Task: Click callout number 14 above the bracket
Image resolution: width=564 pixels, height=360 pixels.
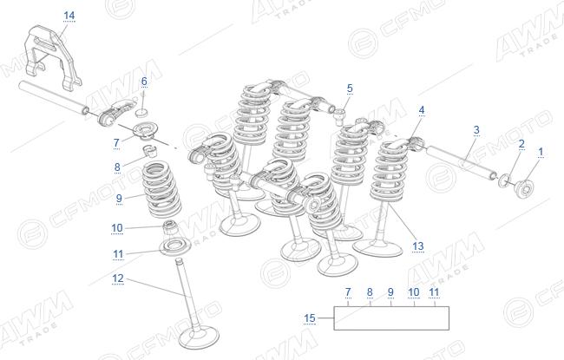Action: coord(69,16)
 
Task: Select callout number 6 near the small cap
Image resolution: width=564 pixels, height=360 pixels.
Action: coord(144,82)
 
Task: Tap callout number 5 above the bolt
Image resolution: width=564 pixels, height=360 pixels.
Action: coord(350,88)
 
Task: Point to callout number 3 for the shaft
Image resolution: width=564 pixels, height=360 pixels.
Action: coord(476,130)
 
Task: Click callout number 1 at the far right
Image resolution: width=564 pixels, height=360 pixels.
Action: coord(541,152)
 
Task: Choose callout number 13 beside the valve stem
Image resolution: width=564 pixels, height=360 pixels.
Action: coord(418,246)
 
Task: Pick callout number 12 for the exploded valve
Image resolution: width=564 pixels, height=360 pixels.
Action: coord(118,278)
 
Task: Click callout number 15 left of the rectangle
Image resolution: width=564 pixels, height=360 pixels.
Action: coord(310,318)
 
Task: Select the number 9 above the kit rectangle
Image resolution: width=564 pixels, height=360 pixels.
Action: coord(391,292)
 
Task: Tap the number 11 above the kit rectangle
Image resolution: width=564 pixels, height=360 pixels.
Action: coord(434,292)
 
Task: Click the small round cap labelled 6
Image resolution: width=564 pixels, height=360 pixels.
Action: coord(141,113)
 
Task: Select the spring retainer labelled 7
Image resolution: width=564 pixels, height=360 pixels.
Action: coord(145,130)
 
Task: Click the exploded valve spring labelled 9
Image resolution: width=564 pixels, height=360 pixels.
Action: coord(161,190)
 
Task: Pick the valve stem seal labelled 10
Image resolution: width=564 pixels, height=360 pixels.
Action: coord(170,227)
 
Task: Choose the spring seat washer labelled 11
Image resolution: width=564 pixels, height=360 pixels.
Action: coord(175,247)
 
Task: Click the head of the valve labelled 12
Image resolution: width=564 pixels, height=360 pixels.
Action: coord(199,338)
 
